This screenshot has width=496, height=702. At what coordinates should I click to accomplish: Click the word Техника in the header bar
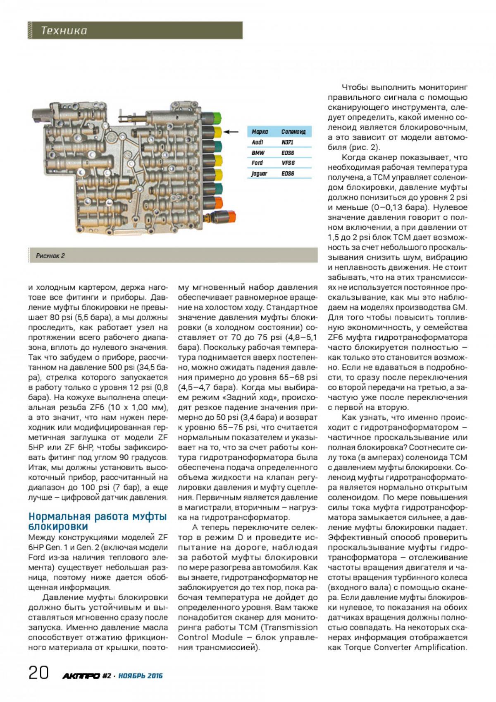(64, 31)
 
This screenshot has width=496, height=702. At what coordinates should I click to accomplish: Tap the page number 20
(38, 673)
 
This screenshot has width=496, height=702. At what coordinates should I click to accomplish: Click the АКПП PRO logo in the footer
(81, 676)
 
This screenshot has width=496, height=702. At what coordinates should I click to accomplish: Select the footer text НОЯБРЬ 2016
(141, 676)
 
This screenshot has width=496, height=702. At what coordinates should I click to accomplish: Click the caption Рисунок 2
(50, 256)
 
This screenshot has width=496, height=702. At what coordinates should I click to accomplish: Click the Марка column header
(260, 132)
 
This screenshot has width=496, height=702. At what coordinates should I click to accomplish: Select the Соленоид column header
(293, 132)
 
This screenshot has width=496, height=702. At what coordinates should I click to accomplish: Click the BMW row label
(258, 153)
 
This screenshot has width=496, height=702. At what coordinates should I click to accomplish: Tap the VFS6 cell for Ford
(288, 163)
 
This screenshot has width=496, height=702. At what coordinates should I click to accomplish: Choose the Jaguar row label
(260, 174)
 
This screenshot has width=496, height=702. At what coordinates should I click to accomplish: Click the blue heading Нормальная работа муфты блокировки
(98, 522)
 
